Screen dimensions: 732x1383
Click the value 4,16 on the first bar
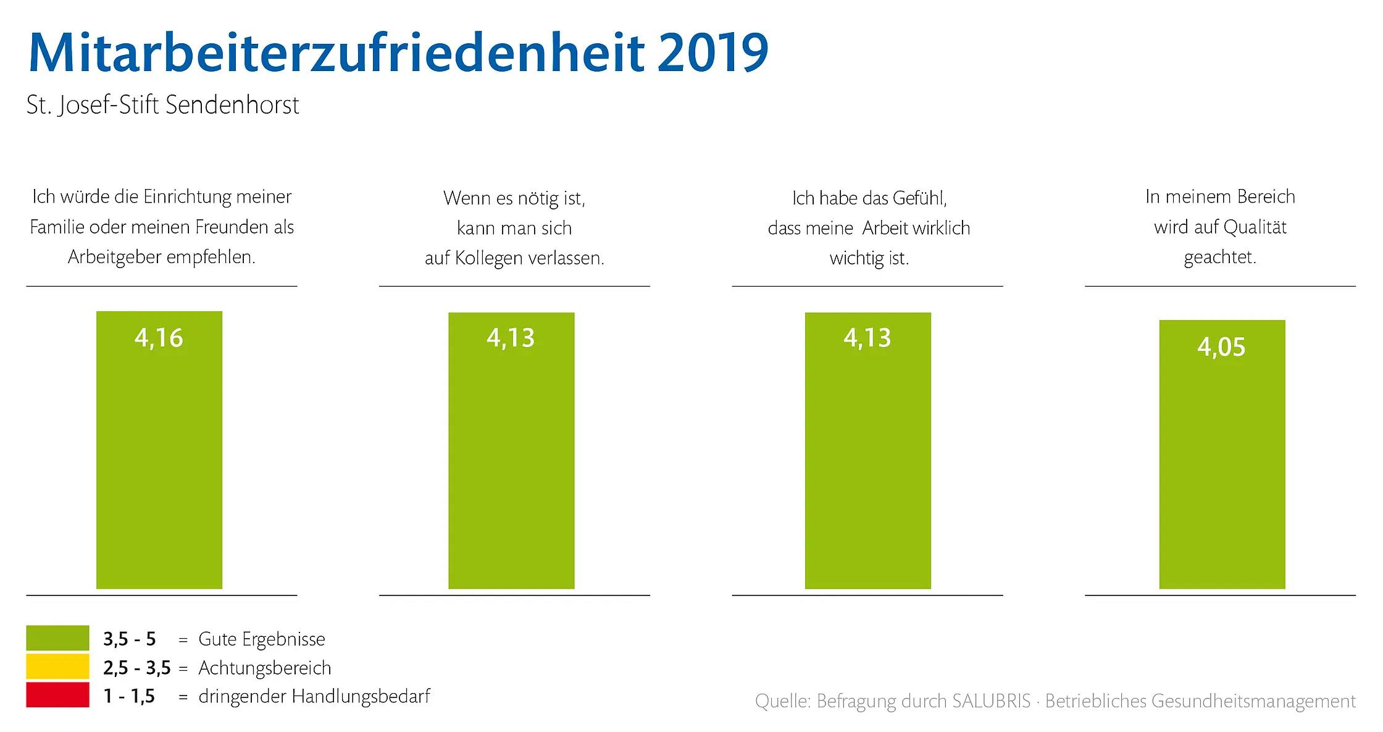tap(159, 338)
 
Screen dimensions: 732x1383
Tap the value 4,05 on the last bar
tap(1221, 347)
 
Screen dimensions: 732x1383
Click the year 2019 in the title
tap(712, 53)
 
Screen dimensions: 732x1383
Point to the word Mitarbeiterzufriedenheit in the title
tap(336, 53)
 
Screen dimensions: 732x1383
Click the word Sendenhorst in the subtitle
tap(232, 105)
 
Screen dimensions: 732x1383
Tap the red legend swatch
tap(57, 695)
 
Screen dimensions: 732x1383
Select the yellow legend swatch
tap(57, 667)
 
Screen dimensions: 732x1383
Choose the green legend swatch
tap(57, 637)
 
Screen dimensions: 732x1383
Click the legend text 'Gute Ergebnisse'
tap(261, 639)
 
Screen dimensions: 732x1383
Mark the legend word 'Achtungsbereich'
tap(264, 668)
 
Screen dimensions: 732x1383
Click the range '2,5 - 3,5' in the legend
tap(136, 668)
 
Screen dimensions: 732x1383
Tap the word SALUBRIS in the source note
tap(991, 701)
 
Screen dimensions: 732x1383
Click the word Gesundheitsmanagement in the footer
tap(1253, 702)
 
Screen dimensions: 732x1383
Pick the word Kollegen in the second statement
tap(488, 258)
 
